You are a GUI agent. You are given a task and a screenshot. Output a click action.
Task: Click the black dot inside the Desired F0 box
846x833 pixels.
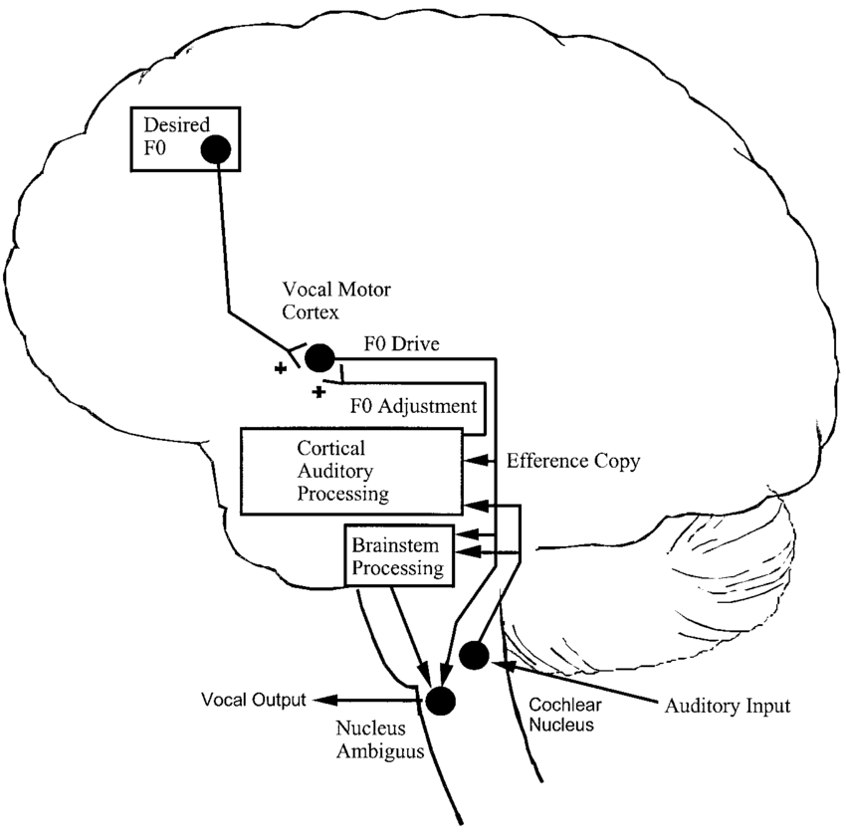[x=216, y=149]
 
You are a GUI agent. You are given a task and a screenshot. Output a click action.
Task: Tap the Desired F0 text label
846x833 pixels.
[x=168, y=137]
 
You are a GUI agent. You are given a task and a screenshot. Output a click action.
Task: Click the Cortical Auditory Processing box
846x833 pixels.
[x=351, y=471]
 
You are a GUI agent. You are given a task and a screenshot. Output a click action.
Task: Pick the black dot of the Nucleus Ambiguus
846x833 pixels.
[x=439, y=700]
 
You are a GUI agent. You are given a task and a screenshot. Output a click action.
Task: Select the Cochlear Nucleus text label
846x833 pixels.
[x=561, y=715]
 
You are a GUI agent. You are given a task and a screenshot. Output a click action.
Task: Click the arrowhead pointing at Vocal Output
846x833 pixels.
[x=330, y=699]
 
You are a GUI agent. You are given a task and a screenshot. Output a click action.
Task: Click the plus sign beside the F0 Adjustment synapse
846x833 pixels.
[x=319, y=392]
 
